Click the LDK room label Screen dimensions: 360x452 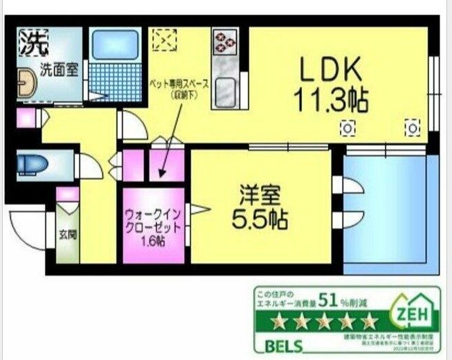329,70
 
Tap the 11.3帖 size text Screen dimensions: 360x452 329,101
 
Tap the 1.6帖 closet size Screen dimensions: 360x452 154,242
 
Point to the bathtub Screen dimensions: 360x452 114,44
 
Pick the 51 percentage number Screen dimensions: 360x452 329,300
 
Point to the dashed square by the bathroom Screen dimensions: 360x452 165,39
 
